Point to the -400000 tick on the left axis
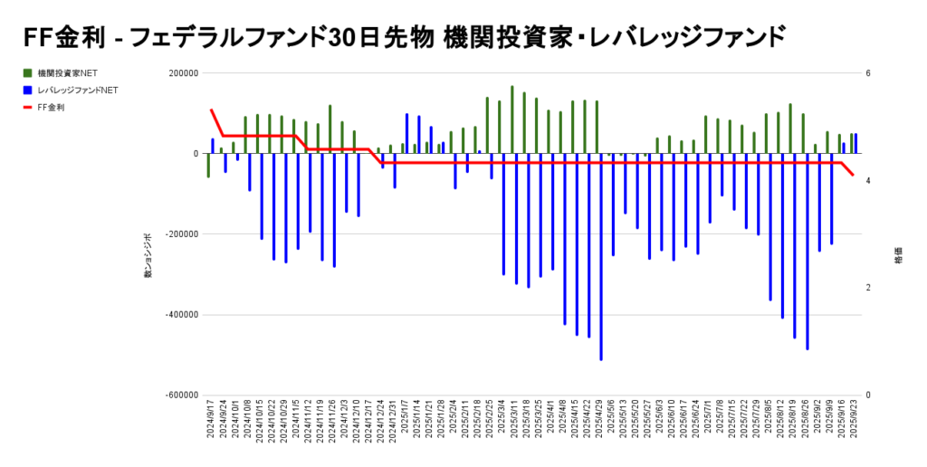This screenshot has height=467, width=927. (181, 315)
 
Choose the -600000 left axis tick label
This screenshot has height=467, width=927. (181, 396)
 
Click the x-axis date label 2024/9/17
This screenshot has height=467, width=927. (210, 424)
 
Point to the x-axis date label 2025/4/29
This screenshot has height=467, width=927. (598, 424)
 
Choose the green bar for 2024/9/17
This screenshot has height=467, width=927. (208, 166)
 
